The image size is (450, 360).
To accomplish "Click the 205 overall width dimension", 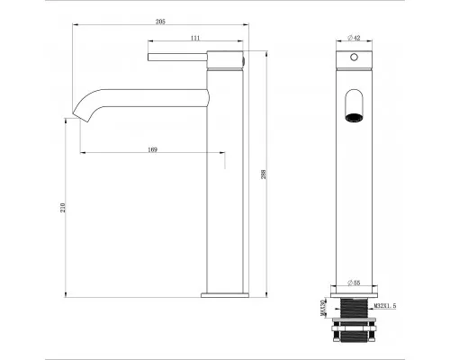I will (159, 19).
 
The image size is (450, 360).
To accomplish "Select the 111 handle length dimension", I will (194, 38).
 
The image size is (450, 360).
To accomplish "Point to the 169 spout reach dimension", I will (154, 149).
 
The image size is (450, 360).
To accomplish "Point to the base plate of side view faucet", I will (224, 292).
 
